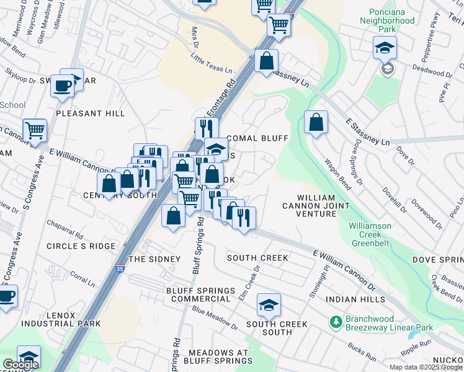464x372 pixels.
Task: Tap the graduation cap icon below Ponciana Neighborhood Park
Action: point(384,47)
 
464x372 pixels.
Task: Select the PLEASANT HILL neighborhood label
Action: point(90,113)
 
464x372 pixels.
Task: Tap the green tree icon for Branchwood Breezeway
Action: point(336,321)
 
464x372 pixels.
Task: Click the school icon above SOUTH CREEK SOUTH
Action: point(269,304)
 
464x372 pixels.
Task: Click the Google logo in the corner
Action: point(21,365)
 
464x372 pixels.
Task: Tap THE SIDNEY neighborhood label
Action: point(154,259)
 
